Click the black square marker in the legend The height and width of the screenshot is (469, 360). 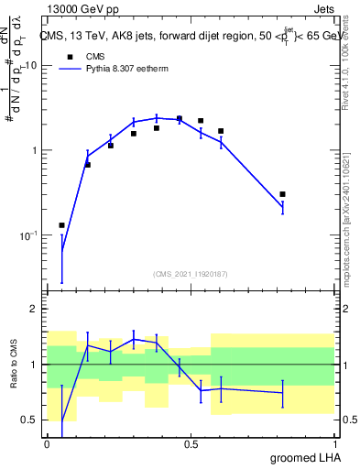pyautogui.click(x=69, y=55)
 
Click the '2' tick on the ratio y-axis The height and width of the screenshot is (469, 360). pyautogui.click(x=34, y=309)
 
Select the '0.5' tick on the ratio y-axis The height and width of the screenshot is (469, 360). pyautogui.click(x=29, y=420)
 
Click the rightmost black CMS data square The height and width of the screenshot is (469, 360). pyautogui.click(x=283, y=194)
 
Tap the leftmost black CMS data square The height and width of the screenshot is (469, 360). pyautogui.click(x=61, y=225)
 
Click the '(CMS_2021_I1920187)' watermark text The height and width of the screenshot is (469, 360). pyautogui.click(x=190, y=274)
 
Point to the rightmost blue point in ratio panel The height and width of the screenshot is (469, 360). pyautogui.click(x=283, y=393)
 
